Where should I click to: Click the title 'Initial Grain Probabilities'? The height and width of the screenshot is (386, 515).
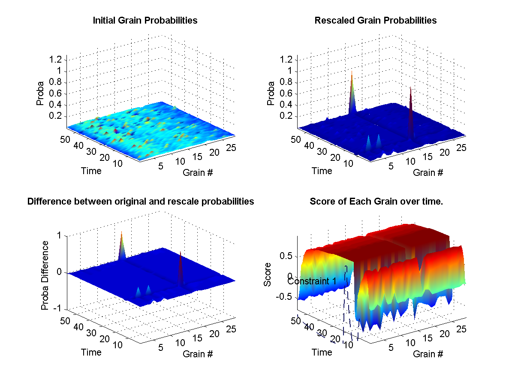pyautogui.click(x=145, y=20)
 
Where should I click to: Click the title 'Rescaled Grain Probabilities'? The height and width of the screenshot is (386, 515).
pyautogui.click(x=375, y=20)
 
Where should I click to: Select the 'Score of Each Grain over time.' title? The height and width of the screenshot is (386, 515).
pyautogui.click(x=376, y=201)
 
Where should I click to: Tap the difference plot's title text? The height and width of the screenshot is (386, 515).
pyautogui.click(x=141, y=201)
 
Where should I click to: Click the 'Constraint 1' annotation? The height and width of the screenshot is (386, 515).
pyautogui.click(x=312, y=281)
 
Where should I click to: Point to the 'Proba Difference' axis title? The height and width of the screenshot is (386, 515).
pyautogui.click(x=44, y=275)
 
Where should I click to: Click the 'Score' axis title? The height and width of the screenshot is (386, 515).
pyautogui.click(x=268, y=277)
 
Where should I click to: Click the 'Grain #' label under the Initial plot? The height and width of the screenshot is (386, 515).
pyautogui.click(x=198, y=173)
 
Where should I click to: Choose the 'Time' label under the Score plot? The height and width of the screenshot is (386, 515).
pyautogui.click(x=322, y=352)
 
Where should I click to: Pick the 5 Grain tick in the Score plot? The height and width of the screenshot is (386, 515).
pyautogui.click(x=391, y=347)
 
